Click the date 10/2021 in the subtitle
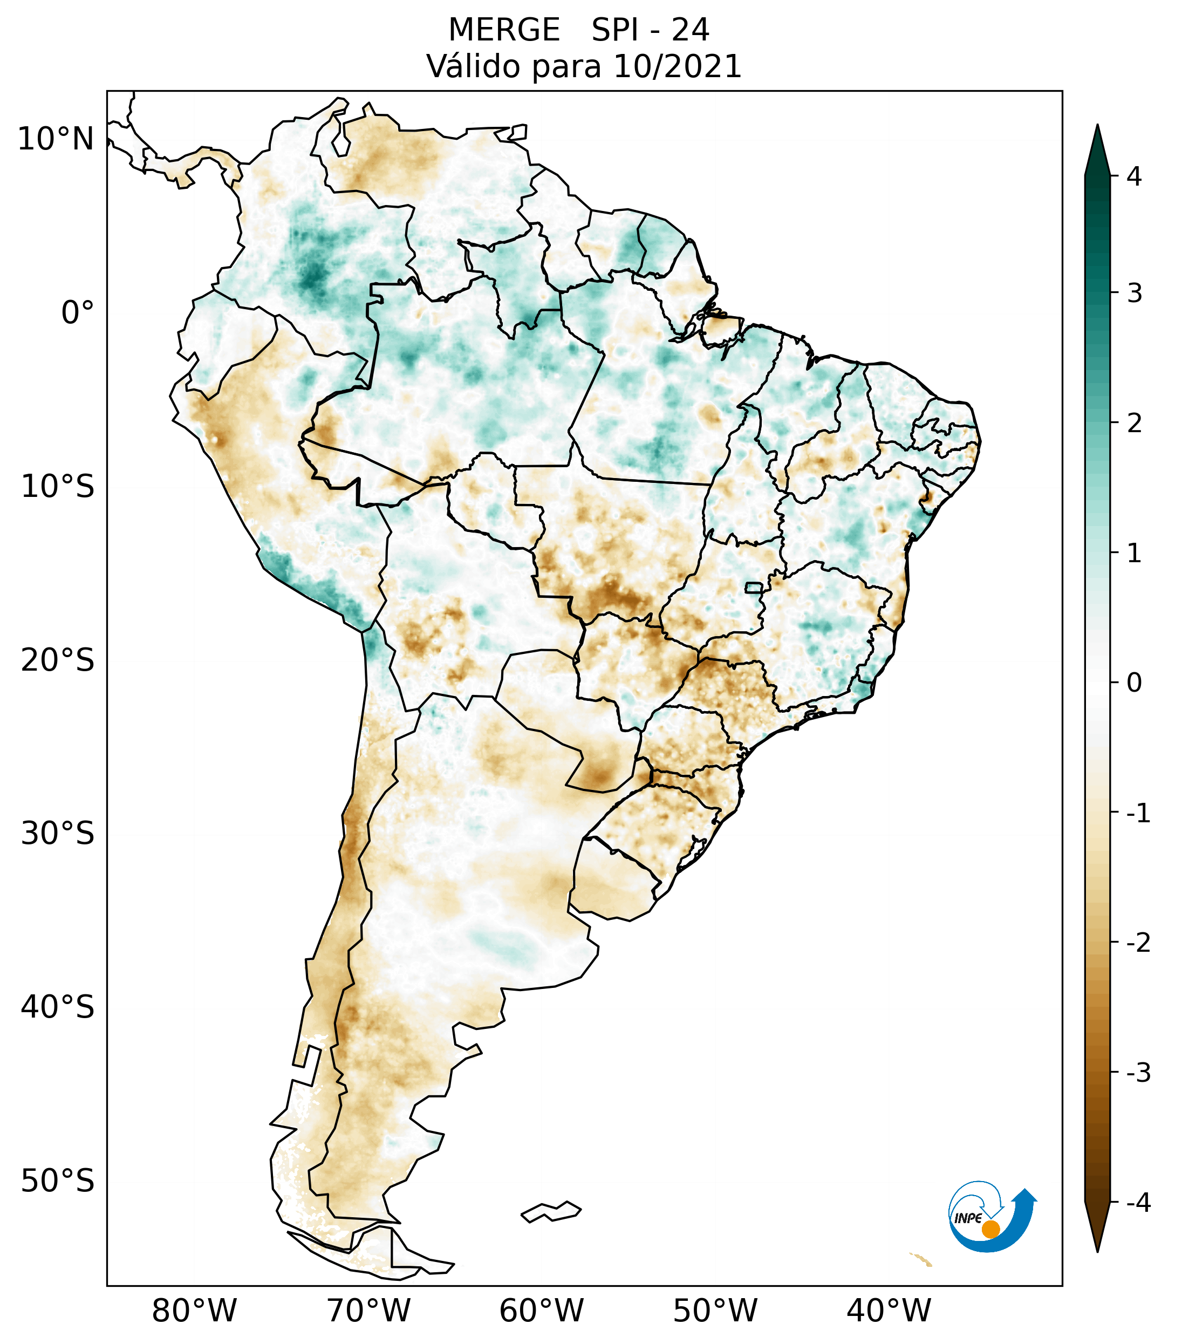pos(677,66)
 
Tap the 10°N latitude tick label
pos(55,139)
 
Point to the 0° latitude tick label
pos(78,312)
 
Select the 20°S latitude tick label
pos(58,660)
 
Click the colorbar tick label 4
pos(1134,176)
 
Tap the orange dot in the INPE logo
pos(990,1229)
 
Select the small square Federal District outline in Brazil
pos(754,587)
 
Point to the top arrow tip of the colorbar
pos(1097,126)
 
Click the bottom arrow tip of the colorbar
pos(1097,1251)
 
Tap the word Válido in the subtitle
pos(473,66)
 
